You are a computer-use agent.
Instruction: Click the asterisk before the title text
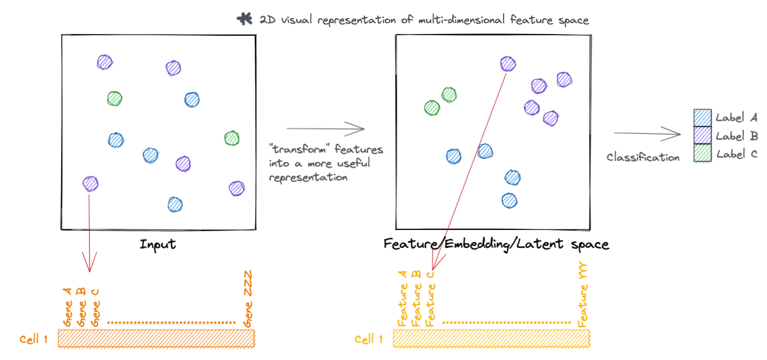244,19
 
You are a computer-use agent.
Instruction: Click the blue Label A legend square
702,117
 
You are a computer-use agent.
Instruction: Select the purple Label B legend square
702,135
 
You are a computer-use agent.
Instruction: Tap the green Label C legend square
702,153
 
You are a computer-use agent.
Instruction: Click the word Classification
643,157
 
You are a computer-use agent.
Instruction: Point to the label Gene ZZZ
248,298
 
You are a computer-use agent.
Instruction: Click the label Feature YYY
583,298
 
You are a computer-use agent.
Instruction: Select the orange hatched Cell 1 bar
156,339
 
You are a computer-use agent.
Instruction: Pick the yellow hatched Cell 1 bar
491,339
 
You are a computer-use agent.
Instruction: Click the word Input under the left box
158,244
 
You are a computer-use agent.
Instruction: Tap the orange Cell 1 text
33,339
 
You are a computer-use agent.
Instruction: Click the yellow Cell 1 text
368,339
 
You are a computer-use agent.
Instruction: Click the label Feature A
402,299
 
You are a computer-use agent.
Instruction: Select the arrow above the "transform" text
326,129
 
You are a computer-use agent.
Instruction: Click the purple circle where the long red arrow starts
508,64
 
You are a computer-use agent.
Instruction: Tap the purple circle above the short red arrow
90,184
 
